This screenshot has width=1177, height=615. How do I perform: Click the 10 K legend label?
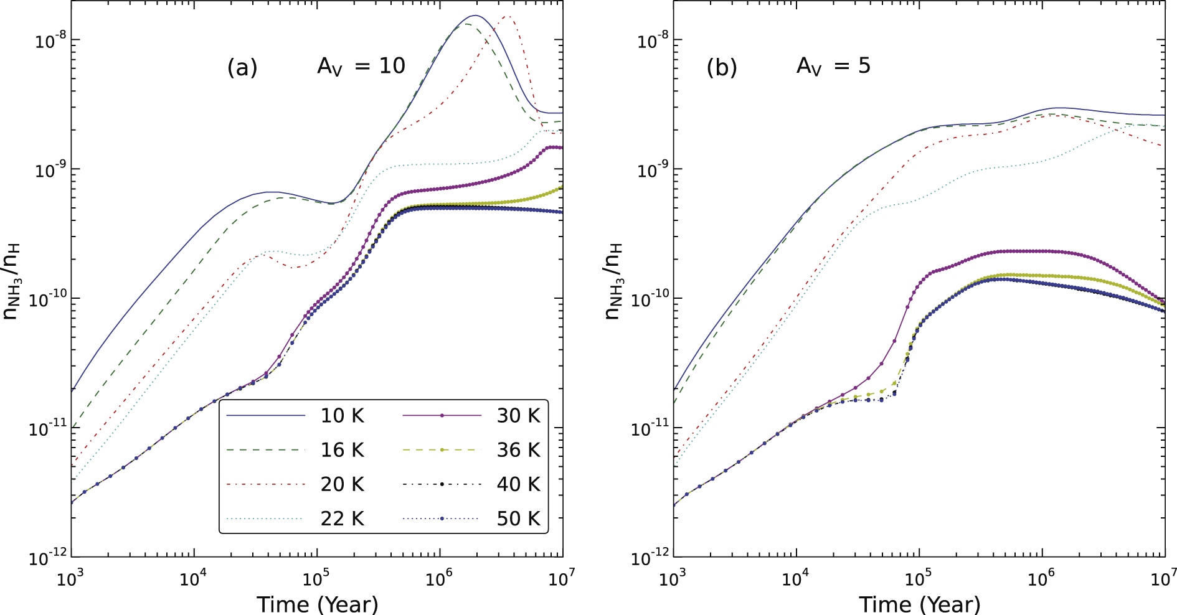click(342, 416)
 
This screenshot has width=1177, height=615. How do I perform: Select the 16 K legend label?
click(342, 450)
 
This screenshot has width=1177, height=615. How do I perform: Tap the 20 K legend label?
click(342, 484)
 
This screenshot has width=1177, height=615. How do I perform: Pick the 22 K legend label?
click(342, 519)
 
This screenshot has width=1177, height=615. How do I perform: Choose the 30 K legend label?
click(518, 416)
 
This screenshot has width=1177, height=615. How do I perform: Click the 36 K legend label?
click(518, 450)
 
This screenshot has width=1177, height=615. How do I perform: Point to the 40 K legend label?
click(518, 484)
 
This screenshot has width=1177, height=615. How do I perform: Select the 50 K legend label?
click(518, 519)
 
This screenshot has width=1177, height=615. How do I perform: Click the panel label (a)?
click(242, 67)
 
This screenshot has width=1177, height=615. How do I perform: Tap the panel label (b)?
click(722, 67)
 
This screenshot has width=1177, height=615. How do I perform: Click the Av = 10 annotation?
click(361, 66)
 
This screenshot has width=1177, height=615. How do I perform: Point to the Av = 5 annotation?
click(833, 66)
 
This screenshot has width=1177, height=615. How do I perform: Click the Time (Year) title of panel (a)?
click(317, 604)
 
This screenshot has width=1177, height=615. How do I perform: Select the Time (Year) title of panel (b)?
click(920, 604)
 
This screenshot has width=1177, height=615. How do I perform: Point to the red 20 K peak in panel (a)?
click(508, 17)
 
